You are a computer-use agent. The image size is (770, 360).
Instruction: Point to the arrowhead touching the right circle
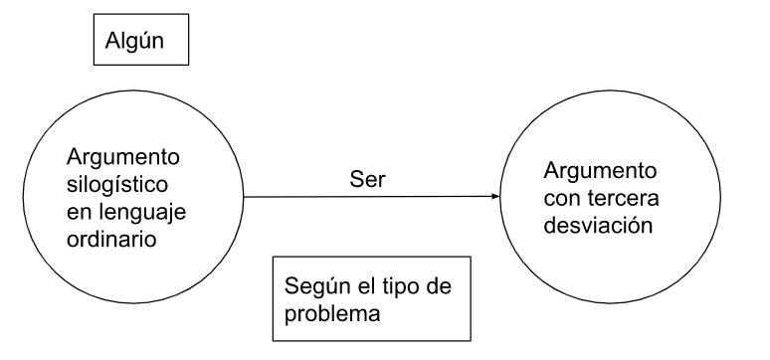(x=494, y=197)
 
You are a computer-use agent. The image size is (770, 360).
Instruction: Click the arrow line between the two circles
(x=298, y=197)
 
